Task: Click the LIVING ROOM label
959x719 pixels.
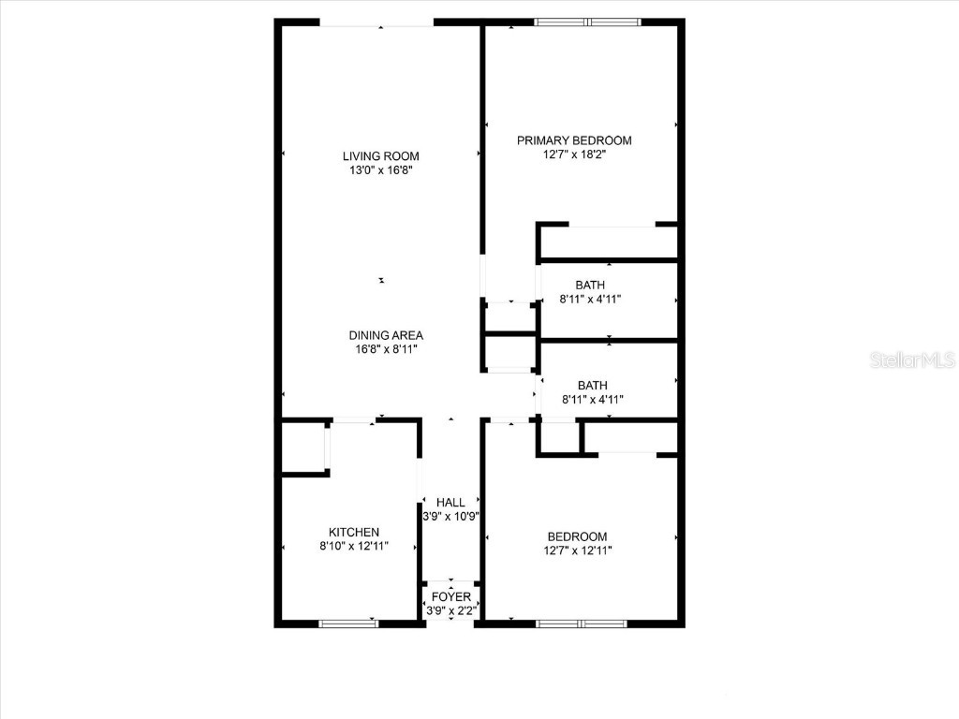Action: [380, 156]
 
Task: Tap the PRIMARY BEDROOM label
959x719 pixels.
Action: [574, 140]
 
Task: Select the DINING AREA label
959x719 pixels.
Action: [386, 335]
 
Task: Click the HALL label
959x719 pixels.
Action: [450, 503]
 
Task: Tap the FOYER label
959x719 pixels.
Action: [450, 597]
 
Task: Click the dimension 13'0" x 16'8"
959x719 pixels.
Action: [380, 171]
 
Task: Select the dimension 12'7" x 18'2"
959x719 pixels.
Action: [574, 155]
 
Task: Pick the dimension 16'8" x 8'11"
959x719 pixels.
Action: [386, 350]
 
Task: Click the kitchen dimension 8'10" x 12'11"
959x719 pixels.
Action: [353, 547]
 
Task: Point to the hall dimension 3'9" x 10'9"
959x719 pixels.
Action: [450, 517]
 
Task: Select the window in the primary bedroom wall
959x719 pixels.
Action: [589, 22]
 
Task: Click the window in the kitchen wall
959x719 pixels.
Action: [347, 623]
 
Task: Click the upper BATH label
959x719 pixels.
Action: [590, 285]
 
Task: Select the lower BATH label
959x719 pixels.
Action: [592, 385]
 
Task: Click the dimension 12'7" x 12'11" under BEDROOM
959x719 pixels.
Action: [578, 550]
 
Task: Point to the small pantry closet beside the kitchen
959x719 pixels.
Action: [302, 448]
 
